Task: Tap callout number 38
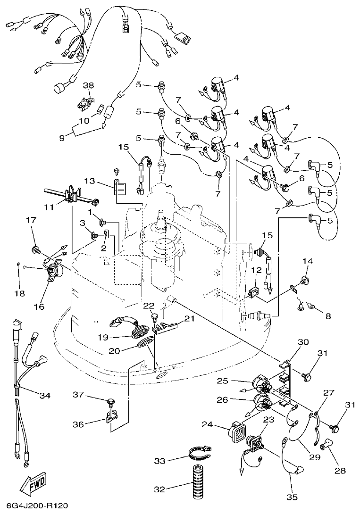(89, 85)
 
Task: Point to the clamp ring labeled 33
(201, 455)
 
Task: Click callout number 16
(39, 307)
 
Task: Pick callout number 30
(302, 341)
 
